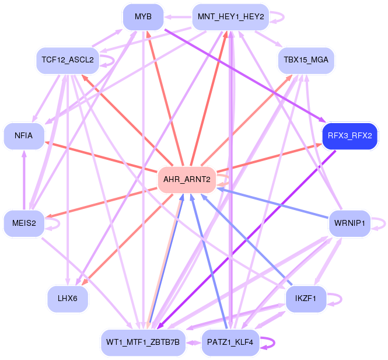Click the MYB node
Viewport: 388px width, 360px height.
143,17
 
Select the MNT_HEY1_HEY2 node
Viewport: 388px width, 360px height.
230,17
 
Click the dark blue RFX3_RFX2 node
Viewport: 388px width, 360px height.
349,135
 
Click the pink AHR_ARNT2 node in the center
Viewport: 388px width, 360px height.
187,179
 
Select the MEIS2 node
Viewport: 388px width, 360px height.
24,222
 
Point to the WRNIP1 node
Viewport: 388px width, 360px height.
349,222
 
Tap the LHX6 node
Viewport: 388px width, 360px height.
68,298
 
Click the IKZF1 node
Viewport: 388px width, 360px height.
305,298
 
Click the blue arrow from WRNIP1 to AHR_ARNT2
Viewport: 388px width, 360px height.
274,201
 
